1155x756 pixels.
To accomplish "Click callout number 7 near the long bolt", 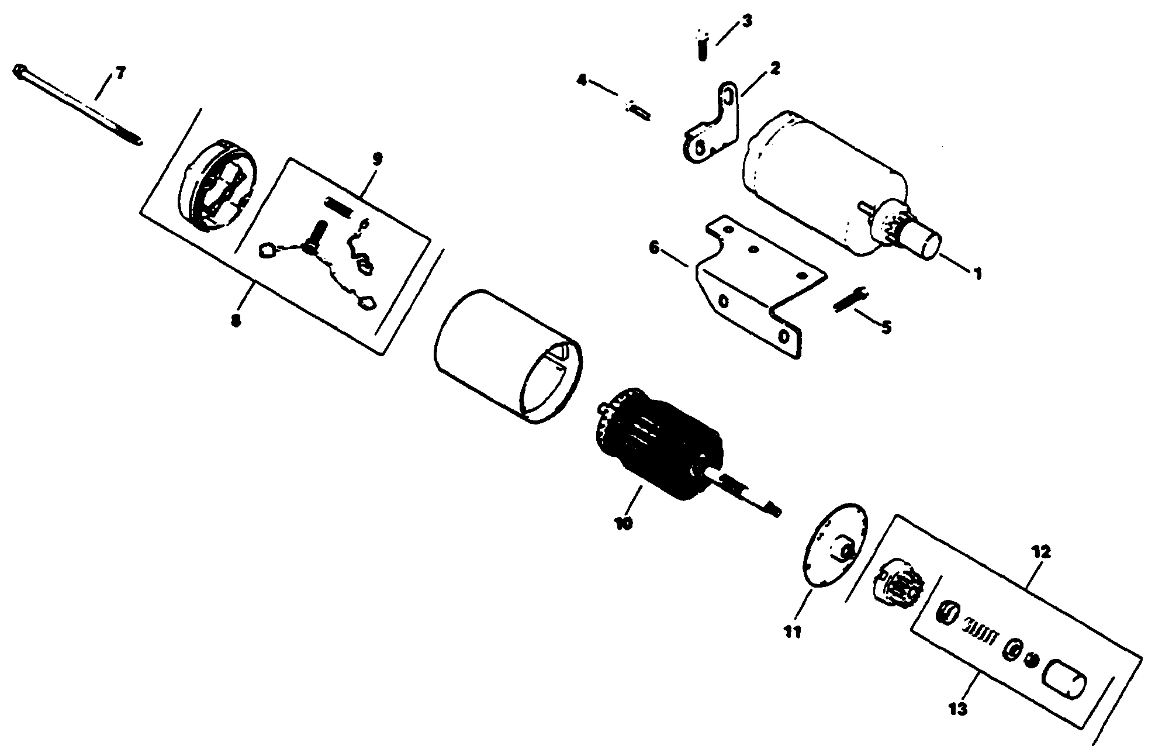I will [120, 74].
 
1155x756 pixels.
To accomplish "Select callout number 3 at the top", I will [748, 22].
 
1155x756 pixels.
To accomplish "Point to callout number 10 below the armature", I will [624, 522].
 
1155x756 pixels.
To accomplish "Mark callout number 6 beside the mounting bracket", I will [654, 248].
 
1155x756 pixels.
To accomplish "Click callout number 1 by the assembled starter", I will [977, 273].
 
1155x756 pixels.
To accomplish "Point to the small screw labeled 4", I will [639, 110].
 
